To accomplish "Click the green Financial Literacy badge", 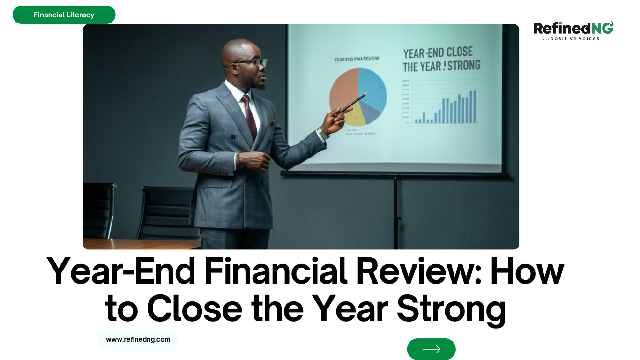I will point(64,15).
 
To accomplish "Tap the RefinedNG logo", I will point(573,29).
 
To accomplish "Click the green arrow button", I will point(431,349).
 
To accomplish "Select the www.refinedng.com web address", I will point(138,339).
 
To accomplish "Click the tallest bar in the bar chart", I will point(475,107).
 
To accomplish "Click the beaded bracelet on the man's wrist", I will point(238,159).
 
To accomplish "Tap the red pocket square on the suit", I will point(272,123).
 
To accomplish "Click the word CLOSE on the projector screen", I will point(459,52).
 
